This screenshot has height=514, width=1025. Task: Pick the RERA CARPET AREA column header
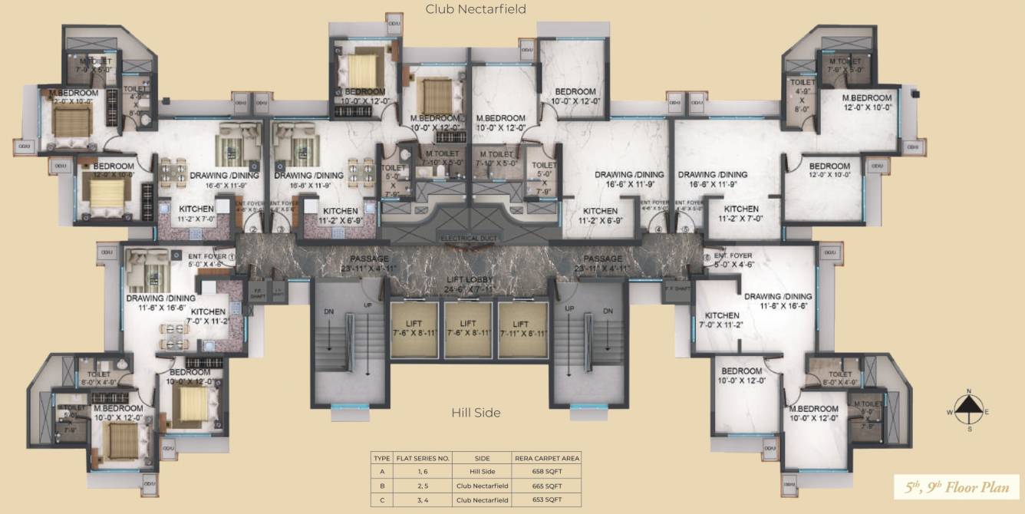point(547,458)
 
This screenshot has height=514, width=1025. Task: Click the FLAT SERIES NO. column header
point(422,458)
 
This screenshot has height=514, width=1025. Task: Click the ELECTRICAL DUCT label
point(470,239)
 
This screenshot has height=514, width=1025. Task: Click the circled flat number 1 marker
point(231,257)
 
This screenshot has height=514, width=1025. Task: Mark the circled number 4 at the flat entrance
point(658,228)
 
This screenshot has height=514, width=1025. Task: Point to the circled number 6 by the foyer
point(707,257)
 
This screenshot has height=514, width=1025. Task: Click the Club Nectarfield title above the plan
point(476,9)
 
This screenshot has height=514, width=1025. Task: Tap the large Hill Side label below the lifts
point(476,413)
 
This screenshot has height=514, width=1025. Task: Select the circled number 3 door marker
point(281,228)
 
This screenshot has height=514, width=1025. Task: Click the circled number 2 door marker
point(252,228)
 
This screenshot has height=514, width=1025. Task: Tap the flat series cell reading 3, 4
point(422,500)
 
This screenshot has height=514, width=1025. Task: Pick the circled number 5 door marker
point(685,228)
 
